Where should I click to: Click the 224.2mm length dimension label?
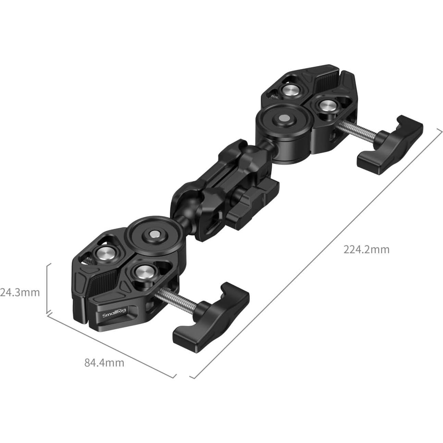pyautogui.click(x=366, y=249)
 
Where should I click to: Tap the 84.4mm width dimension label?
pyautogui.click(x=104, y=362)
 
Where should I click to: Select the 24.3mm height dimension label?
pyautogui.click(x=20, y=293)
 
